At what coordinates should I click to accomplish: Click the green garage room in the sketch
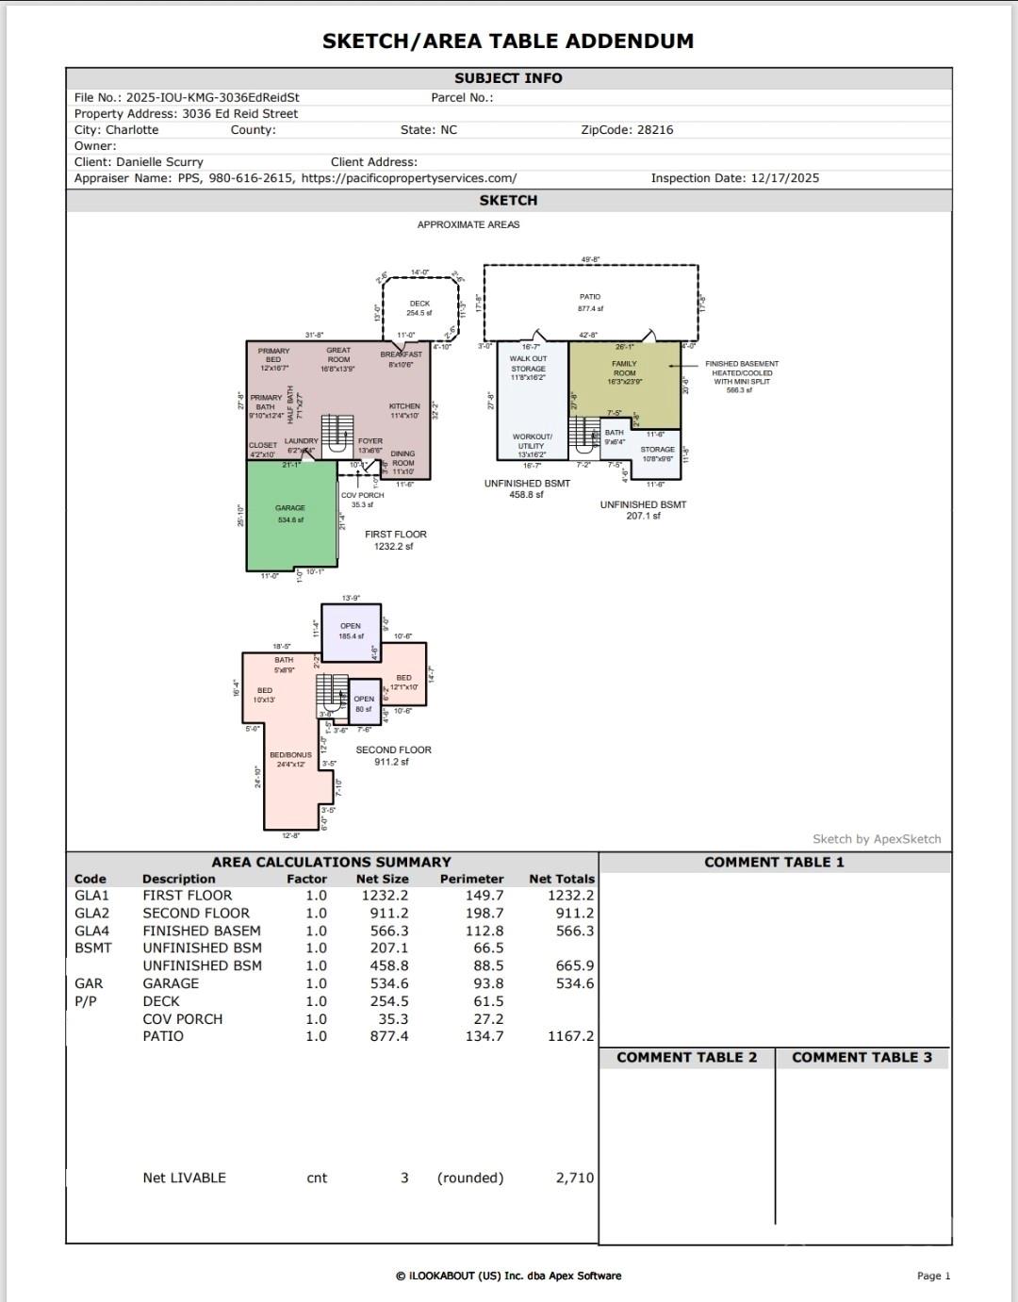(x=290, y=528)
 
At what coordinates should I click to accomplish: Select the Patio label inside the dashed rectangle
(x=590, y=302)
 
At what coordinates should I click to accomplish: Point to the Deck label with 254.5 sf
(x=419, y=308)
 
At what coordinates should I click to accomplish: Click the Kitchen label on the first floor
(x=404, y=410)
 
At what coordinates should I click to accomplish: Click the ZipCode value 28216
(x=655, y=130)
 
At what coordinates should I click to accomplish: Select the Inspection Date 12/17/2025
(x=784, y=178)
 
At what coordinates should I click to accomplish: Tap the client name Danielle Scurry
(x=159, y=162)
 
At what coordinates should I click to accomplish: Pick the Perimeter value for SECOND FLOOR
(x=484, y=914)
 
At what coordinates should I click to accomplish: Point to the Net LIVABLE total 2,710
(x=574, y=1178)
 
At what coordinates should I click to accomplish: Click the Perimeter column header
(x=471, y=879)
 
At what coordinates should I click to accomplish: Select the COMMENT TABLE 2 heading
(x=686, y=1058)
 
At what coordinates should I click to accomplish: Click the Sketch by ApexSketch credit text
(x=877, y=839)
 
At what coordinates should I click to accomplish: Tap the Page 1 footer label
(x=933, y=1276)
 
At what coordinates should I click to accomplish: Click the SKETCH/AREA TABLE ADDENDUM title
(x=508, y=41)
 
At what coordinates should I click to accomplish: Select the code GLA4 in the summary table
(x=91, y=931)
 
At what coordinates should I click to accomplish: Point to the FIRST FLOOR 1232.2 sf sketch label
(x=396, y=540)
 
